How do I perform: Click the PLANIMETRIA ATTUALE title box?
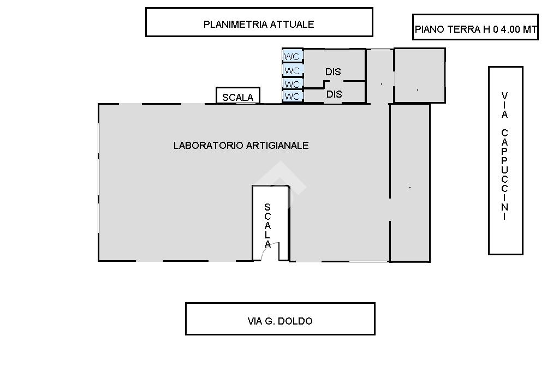click(x=259, y=23)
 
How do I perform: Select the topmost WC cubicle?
click(x=293, y=56)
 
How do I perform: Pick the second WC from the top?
click(x=293, y=70)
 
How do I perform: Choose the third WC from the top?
click(x=293, y=84)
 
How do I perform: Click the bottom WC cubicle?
click(x=293, y=97)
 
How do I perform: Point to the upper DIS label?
click(x=333, y=71)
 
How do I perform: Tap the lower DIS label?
click(x=334, y=94)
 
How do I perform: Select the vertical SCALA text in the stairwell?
click(x=267, y=225)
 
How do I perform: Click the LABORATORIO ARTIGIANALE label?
click(x=241, y=146)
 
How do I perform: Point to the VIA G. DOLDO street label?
click(x=280, y=321)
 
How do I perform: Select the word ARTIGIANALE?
click(x=278, y=146)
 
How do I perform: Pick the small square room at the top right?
click(x=419, y=75)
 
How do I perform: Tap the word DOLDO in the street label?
click(x=295, y=321)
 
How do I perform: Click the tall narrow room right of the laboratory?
click(x=409, y=183)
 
